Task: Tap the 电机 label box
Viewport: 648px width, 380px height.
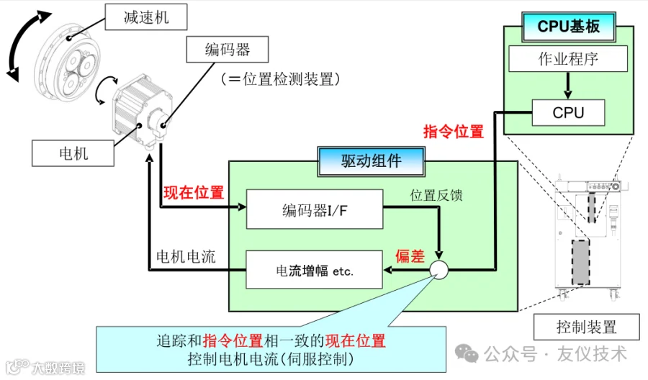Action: point(74,153)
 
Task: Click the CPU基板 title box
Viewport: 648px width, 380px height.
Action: point(569,27)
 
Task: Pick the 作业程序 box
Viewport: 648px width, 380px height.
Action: point(568,59)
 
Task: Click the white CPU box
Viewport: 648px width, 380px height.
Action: point(568,112)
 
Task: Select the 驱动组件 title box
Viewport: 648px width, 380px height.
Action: point(371,161)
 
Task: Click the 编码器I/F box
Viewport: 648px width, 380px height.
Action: point(315,209)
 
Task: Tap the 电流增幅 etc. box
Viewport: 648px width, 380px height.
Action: point(315,270)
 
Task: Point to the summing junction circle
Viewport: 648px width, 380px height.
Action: point(438,271)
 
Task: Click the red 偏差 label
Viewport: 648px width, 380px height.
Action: point(410,255)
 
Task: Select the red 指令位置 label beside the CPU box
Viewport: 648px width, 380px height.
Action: point(453,132)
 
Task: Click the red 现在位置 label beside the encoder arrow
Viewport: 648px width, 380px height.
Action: point(194,192)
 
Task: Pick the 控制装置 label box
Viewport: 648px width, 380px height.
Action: point(586,327)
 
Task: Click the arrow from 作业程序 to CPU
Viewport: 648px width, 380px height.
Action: point(568,86)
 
